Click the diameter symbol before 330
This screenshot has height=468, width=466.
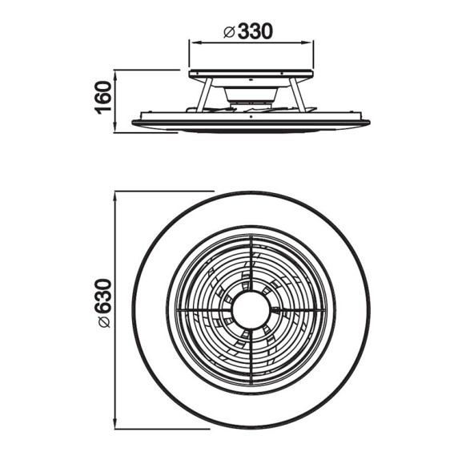[229, 32]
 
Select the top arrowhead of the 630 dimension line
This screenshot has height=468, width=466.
[117, 194]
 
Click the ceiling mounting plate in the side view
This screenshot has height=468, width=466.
[250, 74]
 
